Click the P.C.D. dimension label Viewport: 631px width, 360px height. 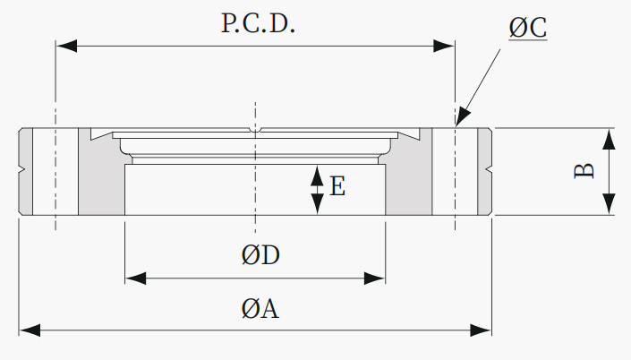[x=258, y=23]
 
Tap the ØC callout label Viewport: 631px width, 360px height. [x=527, y=28]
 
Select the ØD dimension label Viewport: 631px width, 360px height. [x=260, y=255]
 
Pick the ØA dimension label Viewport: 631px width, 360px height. [x=260, y=309]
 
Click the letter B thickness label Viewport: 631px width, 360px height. [x=584, y=171]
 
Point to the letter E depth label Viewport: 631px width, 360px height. [x=337, y=186]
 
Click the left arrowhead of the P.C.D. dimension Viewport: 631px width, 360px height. [x=66, y=46]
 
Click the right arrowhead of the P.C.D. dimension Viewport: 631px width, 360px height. [x=444, y=46]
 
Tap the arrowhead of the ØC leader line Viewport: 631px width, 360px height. [x=463, y=116]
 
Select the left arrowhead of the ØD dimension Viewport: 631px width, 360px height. [x=136, y=279]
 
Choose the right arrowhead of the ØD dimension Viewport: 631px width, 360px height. [x=375, y=279]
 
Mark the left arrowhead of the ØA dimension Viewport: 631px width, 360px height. [x=30, y=330]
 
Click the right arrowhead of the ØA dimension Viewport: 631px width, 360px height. [x=481, y=330]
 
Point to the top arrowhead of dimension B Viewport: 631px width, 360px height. [x=610, y=140]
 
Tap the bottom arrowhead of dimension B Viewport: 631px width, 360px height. [x=610, y=204]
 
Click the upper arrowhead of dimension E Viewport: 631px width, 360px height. [x=318, y=176]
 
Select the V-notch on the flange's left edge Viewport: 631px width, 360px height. [x=22, y=169]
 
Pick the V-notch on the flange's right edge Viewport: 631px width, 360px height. [x=488, y=169]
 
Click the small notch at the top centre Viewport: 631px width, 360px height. [x=255, y=130]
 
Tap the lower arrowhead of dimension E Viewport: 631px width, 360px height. [x=318, y=204]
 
